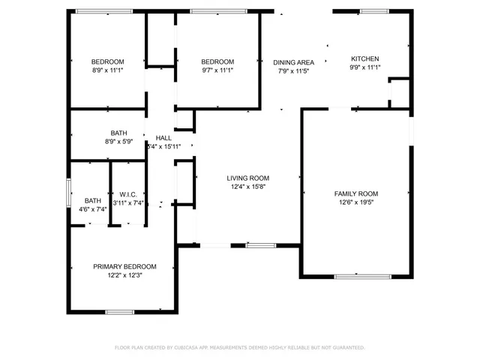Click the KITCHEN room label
tap(365, 58)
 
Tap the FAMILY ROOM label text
tap(355, 193)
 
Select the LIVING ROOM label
tap(248, 178)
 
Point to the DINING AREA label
tap(293, 62)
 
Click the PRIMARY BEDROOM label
tap(124, 266)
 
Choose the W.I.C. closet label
tap(127, 193)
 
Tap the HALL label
tap(163, 138)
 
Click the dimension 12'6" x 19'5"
tap(355, 202)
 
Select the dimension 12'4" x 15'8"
tap(248, 186)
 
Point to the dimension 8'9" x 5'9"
tap(119, 141)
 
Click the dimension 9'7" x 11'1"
tap(217, 70)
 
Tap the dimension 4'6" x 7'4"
tap(93, 209)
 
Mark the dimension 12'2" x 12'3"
tap(124, 275)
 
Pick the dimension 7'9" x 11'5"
tap(293, 71)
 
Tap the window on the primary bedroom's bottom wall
tap(119, 311)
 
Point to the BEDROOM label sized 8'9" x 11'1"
tap(108, 61)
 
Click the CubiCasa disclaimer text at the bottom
tap(239, 347)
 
